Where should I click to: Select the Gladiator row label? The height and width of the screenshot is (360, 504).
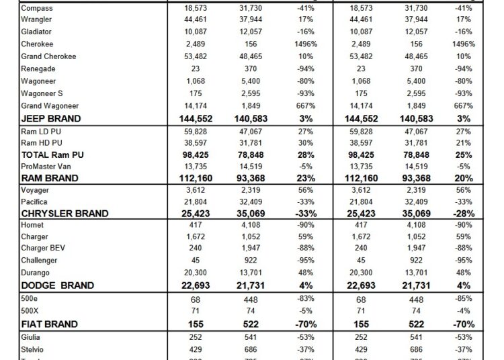click(36, 32)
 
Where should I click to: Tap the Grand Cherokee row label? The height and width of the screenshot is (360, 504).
click(49, 56)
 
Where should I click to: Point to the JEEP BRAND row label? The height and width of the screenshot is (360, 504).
click(51, 118)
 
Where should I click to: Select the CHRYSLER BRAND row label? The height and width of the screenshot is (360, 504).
click(65, 214)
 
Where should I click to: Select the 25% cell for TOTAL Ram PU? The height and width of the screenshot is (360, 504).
click(463, 154)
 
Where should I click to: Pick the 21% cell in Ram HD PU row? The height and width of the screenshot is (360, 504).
click(463, 142)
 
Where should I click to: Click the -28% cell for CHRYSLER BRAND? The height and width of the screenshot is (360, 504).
click(463, 214)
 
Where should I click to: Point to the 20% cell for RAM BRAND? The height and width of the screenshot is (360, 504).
click(463, 179)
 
